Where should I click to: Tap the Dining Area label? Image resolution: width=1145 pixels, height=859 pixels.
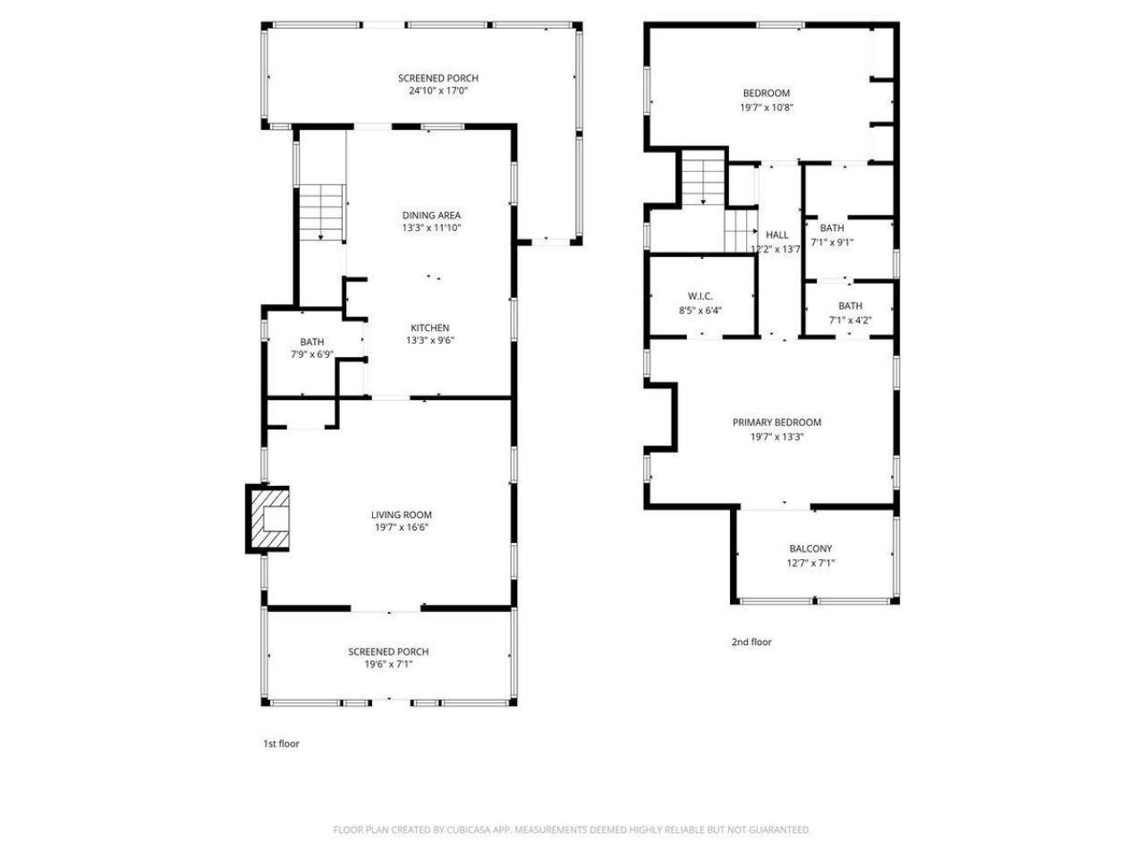[431, 216]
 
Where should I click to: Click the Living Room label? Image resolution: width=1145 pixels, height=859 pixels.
[402, 515]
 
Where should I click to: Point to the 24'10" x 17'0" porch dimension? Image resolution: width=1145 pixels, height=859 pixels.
[438, 90]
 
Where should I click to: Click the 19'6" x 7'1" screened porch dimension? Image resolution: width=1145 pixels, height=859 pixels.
[388, 664]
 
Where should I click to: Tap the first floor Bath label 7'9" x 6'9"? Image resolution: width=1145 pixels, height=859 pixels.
[312, 342]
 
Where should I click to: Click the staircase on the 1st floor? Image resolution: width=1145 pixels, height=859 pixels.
[322, 212]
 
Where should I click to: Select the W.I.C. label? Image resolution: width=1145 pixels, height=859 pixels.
[700, 296]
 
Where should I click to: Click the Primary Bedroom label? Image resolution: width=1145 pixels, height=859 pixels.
[776, 422]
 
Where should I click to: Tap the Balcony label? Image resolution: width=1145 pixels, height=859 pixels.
[810, 549]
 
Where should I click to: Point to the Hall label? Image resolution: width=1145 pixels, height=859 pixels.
[776, 235]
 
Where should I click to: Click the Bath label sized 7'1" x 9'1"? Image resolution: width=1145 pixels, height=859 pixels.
[832, 228]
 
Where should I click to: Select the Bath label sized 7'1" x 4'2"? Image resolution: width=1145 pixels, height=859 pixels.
[850, 306]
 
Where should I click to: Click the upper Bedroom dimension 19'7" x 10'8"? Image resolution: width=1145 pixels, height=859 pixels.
[767, 106]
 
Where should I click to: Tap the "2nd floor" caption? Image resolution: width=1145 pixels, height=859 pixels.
[751, 642]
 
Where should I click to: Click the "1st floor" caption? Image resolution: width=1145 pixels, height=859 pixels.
[281, 744]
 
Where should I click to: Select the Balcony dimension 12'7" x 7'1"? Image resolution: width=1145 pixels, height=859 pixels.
[810, 563]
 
